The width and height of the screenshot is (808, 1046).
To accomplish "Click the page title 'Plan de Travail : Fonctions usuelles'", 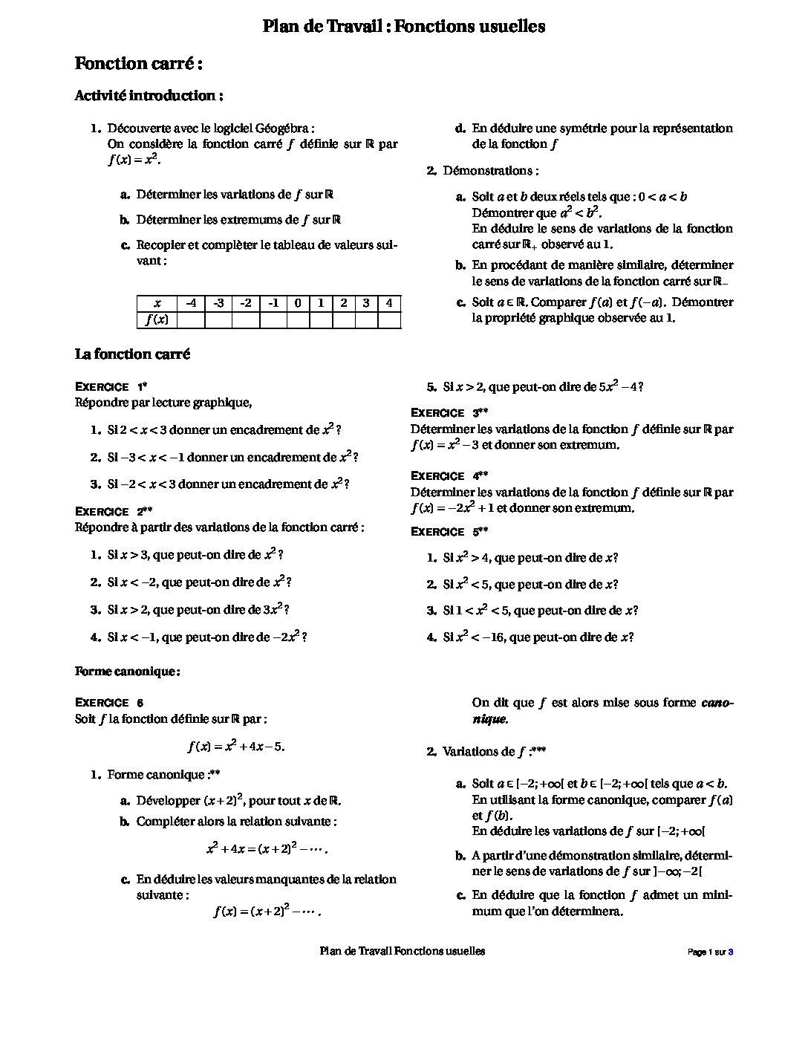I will point(403,27).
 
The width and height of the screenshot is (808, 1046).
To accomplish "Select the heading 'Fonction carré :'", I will point(139,64).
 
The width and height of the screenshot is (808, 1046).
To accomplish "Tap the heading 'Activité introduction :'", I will point(149,96).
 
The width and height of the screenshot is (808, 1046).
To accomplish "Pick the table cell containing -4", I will point(191,303).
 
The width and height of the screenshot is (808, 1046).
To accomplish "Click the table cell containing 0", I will point(297,303).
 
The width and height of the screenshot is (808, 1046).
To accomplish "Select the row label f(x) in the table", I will point(157,319).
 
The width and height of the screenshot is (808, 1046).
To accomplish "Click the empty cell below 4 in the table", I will point(389,319).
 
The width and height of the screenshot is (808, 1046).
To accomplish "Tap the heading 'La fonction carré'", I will point(132,354).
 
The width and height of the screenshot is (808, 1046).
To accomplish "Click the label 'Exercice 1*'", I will point(111,387).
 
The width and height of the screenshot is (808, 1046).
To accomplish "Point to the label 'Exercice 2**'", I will point(114,512).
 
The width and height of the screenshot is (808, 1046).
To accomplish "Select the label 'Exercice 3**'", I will point(449,413).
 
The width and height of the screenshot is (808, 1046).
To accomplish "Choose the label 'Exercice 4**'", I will point(449,476).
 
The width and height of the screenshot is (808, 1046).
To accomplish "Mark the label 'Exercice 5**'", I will point(449,532).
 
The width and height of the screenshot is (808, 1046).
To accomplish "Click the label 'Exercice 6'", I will point(109,703).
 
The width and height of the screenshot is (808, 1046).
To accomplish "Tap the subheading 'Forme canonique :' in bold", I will point(127,672).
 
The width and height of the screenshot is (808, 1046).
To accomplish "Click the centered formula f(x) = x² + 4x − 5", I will point(236,747).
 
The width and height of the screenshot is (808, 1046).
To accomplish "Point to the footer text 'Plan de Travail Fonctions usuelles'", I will point(402,951).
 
